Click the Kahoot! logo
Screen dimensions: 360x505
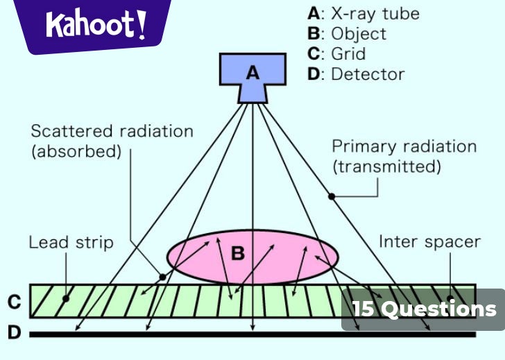[x=96, y=25]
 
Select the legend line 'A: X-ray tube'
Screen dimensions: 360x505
[x=363, y=13]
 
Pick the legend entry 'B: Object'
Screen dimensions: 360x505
[x=347, y=33]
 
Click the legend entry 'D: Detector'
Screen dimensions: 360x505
[x=356, y=74]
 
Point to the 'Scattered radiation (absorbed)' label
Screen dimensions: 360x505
[x=112, y=142]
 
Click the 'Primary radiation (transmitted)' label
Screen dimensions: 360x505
[x=404, y=156]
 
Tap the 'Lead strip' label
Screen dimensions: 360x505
[x=71, y=242]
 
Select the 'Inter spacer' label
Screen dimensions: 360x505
[x=429, y=241]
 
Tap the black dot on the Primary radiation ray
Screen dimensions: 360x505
[x=332, y=197]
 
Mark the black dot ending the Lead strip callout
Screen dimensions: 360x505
[x=65, y=299]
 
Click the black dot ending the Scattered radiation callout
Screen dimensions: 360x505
[x=163, y=276]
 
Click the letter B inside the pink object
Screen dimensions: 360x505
[x=238, y=254]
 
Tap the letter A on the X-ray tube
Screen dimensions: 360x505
[x=252, y=72]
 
